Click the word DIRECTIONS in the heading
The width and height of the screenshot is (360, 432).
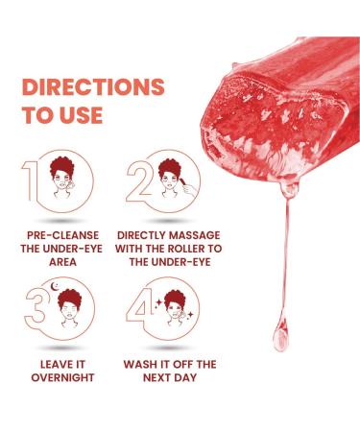click(93, 86)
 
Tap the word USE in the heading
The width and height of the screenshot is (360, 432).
click(81, 115)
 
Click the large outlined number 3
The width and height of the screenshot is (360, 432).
click(36, 305)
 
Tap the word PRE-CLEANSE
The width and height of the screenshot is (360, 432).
click(62, 235)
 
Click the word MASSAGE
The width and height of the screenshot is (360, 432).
click(195, 235)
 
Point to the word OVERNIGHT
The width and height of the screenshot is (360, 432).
click(62, 377)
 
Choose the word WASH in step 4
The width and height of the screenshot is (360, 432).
click(138, 365)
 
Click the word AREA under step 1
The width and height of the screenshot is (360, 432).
click(62, 262)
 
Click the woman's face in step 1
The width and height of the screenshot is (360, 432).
click(61, 180)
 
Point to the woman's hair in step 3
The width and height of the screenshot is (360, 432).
click(70, 297)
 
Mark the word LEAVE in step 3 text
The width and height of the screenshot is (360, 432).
click(53, 365)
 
